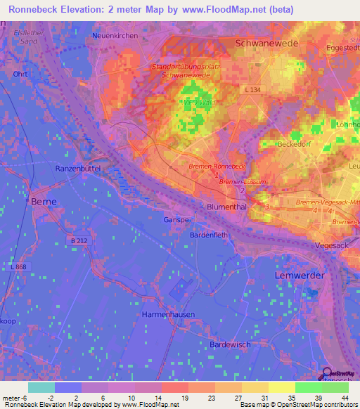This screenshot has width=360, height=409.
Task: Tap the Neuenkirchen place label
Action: (x=115, y=35)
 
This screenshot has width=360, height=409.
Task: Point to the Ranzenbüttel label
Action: (x=79, y=169)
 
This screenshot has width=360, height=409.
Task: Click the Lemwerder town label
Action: (x=299, y=275)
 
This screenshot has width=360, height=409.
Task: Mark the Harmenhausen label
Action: (x=168, y=314)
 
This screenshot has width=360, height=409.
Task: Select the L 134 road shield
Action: (x=252, y=91)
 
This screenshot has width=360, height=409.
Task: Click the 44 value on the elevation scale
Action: (x=344, y=398)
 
